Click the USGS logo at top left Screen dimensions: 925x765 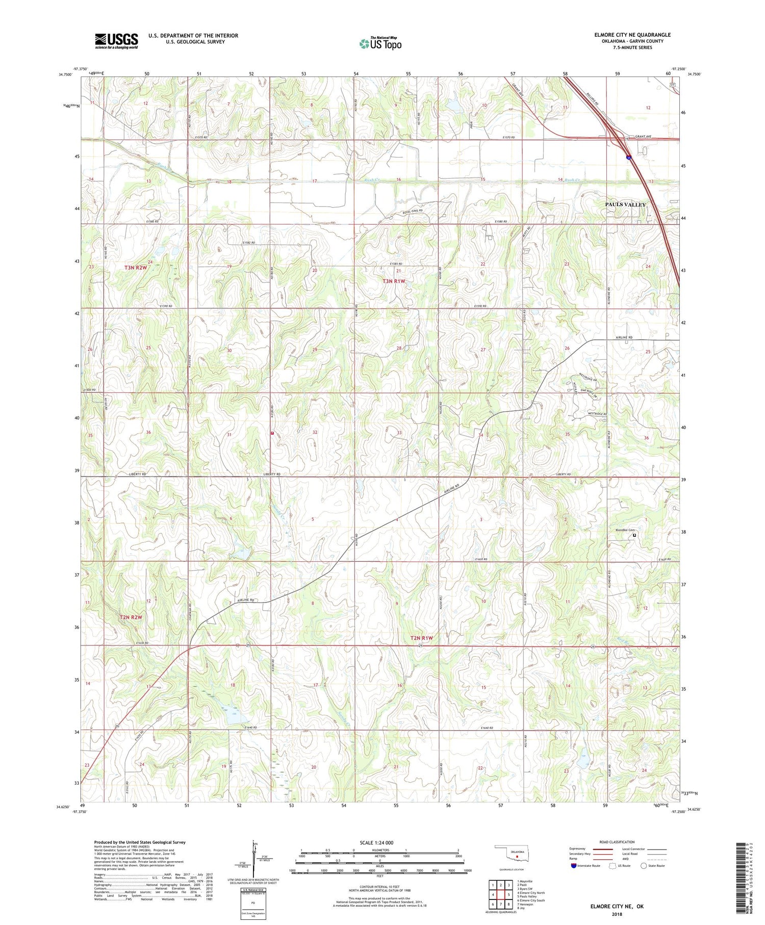coord(116,41)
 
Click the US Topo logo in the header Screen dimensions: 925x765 coord(380,44)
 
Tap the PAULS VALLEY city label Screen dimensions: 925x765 coord(625,205)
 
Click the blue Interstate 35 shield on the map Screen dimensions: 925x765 coord(630,158)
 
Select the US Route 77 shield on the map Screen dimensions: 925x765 coord(673,85)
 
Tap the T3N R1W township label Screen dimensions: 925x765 coord(394,281)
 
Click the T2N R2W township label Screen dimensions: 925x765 coord(131,617)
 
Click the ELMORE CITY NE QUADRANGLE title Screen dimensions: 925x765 coord(632,35)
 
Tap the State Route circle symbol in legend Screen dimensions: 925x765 coord(644,865)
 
